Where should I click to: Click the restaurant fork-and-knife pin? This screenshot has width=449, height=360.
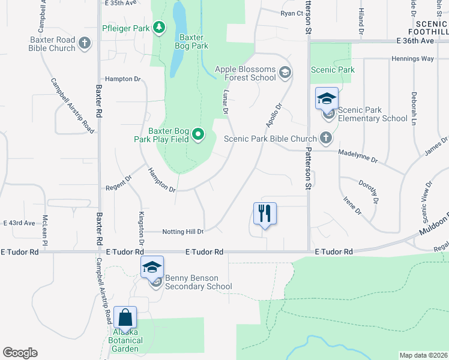[x=265, y=214]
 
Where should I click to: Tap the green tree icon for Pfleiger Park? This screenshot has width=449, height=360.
[x=158, y=27]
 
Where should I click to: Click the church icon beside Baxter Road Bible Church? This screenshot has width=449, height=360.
[x=85, y=43]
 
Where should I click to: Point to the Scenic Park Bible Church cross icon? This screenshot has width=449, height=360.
[x=326, y=138]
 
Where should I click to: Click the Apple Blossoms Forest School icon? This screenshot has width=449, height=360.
[x=285, y=73]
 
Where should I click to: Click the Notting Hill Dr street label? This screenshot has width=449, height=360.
[x=183, y=232]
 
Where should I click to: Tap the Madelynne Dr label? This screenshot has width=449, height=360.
[x=358, y=160]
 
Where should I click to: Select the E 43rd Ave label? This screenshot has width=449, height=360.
[x=19, y=223]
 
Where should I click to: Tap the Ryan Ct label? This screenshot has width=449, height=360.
[x=292, y=13]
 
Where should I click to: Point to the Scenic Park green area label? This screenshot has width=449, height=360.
[x=333, y=70]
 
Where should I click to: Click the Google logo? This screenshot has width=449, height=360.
[x=20, y=353]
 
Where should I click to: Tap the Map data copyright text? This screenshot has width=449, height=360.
[x=423, y=355]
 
